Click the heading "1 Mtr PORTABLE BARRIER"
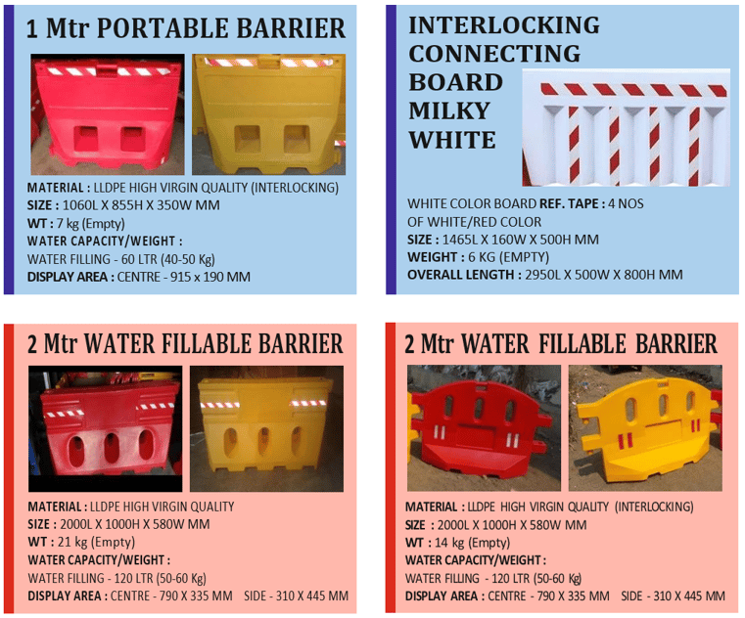pos(186,28)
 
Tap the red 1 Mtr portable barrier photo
pos(108,114)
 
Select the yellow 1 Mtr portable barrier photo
pos(268,114)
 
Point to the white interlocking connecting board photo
pos(626,128)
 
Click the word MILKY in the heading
pos(449,111)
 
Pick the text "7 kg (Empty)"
pos(91,223)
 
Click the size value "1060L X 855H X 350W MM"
pos(141,205)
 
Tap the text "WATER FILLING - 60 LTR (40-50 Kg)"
pos(121,259)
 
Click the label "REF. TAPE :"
pos(572,203)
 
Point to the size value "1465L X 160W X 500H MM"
pos(520,240)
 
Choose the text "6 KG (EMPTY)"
pos(508,257)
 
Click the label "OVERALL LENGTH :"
pos(464,275)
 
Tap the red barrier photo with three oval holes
pos(105,428)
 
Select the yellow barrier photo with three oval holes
pos(266,428)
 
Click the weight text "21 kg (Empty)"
pos(97,542)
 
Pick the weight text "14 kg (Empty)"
pos(472,543)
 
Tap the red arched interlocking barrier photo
pos(484,428)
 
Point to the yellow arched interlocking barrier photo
pos(645,428)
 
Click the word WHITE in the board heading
pos(452,140)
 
